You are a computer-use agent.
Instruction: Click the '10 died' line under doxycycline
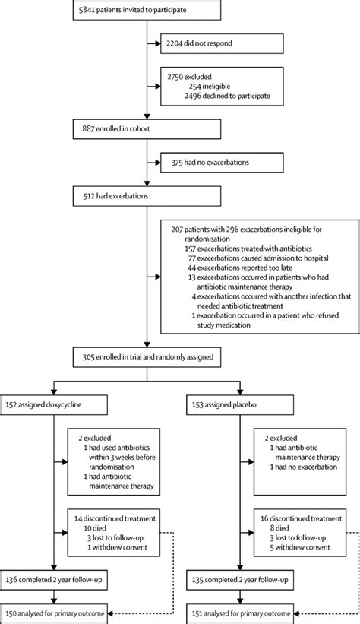[93, 525]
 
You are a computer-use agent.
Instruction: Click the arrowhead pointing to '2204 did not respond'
[158, 43]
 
